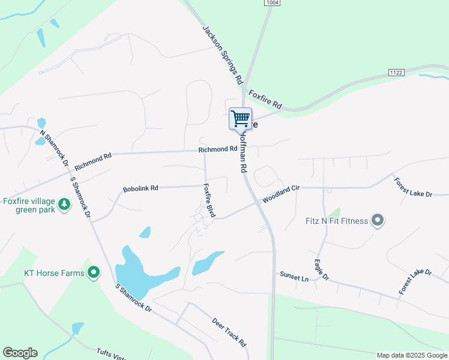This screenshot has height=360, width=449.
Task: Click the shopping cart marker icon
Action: [240, 118]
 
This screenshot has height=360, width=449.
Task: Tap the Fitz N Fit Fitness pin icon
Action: [378, 221]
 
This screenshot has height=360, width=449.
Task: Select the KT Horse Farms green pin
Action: [94, 273]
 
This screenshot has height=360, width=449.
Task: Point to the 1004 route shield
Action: [273, 3]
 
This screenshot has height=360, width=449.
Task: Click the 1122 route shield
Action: [396, 72]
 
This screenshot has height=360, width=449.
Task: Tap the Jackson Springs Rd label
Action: [221, 54]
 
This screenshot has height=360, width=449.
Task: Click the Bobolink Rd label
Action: [140, 188]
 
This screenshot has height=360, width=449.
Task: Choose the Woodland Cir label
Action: [280, 194]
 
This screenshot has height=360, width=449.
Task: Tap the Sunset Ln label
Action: [294, 276]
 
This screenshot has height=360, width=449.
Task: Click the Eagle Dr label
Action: [322, 269]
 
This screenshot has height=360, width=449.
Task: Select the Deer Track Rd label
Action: [229, 332]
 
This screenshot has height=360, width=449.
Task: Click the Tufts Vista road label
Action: [111, 355]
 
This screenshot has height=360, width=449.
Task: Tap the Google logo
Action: [20, 353]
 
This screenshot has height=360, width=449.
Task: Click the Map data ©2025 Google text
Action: [411, 355]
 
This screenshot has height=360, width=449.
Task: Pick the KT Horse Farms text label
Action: [54, 273]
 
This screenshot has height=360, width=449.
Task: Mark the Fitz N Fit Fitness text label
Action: [336, 221]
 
